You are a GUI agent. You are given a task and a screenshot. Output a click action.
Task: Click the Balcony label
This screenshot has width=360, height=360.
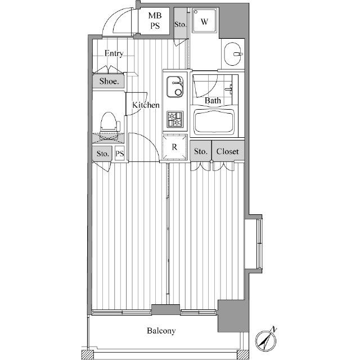[x=161, y=331]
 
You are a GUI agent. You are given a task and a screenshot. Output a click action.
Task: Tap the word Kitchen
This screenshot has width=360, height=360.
[x=146, y=105]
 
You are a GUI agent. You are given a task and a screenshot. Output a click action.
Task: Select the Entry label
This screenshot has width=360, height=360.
[x=114, y=53]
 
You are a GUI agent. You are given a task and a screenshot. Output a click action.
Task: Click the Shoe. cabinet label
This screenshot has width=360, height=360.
[x=109, y=81]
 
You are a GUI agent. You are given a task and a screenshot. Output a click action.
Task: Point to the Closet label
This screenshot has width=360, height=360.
[x=227, y=151]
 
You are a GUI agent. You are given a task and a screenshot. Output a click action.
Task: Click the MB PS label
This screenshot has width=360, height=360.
[x=155, y=21]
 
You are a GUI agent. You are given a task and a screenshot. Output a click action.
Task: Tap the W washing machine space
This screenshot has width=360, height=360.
[x=204, y=20]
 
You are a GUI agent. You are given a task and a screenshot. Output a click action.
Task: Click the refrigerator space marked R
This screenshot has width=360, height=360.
[x=174, y=147]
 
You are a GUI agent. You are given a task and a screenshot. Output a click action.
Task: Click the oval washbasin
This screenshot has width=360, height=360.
[x=233, y=54]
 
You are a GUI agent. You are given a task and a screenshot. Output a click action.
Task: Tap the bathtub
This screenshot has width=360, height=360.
[x=214, y=122]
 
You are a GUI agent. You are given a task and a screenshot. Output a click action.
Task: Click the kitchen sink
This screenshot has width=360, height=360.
[x=175, y=87]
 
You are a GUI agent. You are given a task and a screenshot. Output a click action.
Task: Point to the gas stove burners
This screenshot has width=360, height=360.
[x=175, y=119]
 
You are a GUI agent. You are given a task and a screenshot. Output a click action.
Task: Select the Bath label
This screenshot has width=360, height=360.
[x=213, y=101]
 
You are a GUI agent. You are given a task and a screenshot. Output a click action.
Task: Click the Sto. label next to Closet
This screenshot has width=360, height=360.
[x=201, y=151]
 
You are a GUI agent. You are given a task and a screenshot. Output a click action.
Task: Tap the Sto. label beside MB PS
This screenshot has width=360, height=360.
[x=180, y=24]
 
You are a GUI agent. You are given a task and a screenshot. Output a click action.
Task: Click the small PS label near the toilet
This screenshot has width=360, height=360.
[x=120, y=153]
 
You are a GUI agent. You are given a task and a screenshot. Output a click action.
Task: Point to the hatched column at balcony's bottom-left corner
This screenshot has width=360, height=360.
[x=88, y=354]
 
